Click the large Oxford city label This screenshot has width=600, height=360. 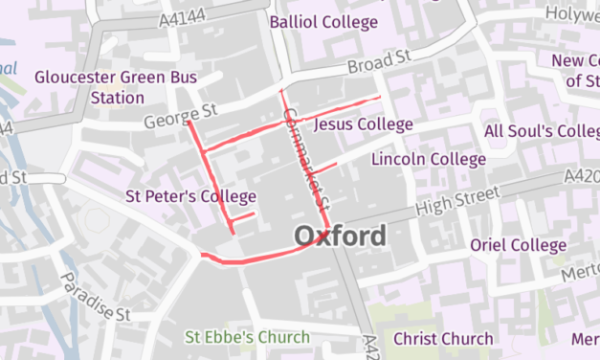pos(341,236)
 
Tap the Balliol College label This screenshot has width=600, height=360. pos(323,21)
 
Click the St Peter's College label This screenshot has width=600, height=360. pos(191,196)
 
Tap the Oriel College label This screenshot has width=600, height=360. pos(518,245)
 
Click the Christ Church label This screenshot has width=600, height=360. pos(443,338)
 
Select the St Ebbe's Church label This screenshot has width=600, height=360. pos(248,337)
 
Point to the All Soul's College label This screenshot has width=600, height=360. pos(542,131)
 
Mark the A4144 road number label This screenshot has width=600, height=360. pos(185,16)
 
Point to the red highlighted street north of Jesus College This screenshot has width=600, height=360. pos(335,107)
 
